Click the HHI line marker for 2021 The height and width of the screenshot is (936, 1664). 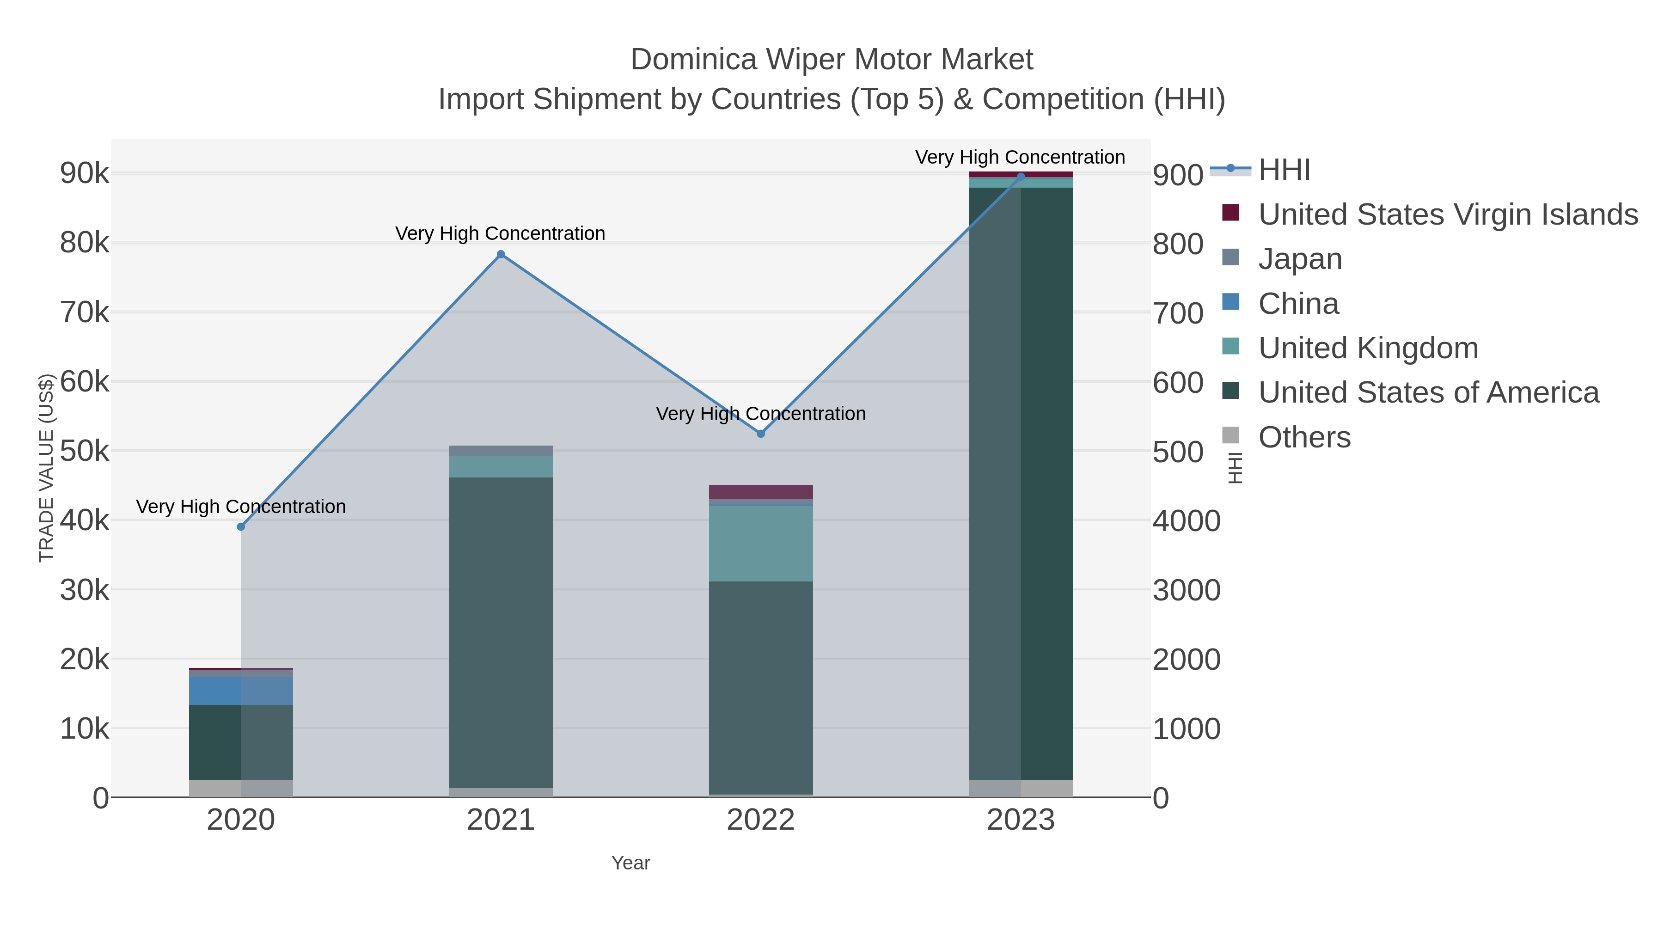click(x=501, y=255)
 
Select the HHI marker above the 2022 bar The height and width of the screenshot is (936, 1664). click(x=760, y=434)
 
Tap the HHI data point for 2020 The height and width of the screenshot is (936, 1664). click(x=241, y=526)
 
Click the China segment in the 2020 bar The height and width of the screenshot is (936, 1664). click(x=241, y=691)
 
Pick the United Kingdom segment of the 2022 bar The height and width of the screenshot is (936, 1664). click(x=760, y=543)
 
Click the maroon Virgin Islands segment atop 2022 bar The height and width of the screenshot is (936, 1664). click(x=760, y=492)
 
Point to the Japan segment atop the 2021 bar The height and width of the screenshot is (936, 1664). click(x=501, y=451)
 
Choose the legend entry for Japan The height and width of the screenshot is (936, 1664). click(x=1300, y=259)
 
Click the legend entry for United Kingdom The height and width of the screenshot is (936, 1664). click(x=1368, y=348)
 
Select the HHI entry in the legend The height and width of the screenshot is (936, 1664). click(x=1284, y=170)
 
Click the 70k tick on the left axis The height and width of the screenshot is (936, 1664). click(x=85, y=312)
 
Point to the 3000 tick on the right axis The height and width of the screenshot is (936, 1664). click(x=1186, y=590)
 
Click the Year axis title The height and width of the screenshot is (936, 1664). click(x=630, y=863)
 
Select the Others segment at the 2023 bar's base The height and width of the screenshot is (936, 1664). click(x=1020, y=788)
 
